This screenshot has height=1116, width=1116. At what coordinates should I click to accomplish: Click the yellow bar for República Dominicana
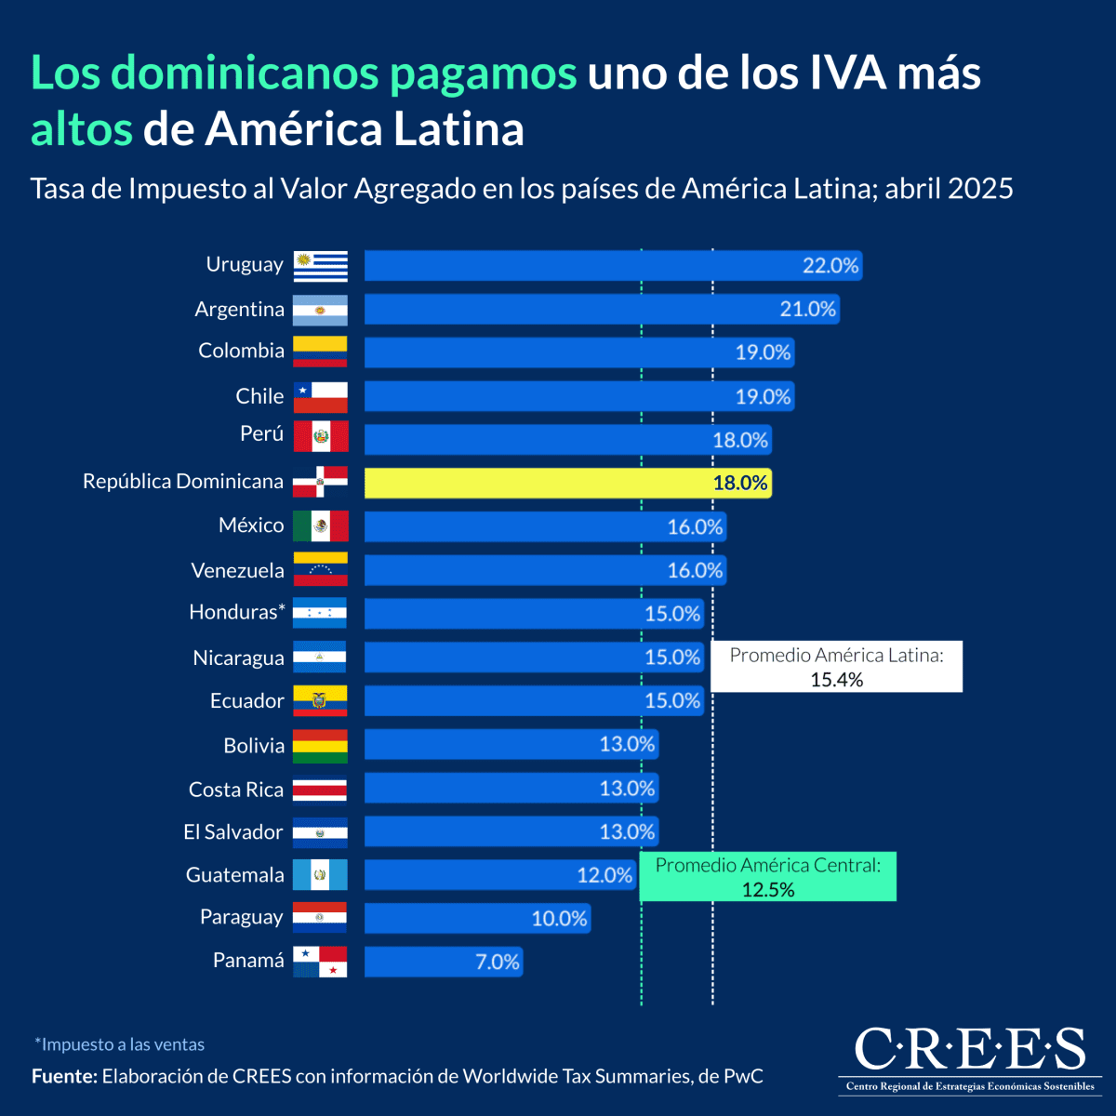click(x=567, y=483)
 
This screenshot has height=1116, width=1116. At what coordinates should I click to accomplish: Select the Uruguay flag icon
click(x=321, y=266)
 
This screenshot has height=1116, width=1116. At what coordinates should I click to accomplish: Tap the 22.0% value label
click(x=830, y=266)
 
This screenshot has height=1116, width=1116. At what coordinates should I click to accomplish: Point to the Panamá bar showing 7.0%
click(x=443, y=962)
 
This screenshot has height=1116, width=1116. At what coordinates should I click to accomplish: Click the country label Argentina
click(x=240, y=309)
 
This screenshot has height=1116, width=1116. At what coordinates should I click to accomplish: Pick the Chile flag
click(x=321, y=397)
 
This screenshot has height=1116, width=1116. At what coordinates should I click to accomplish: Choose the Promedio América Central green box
click(x=768, y=877)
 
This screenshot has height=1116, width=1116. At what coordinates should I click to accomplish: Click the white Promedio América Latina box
click(x=836, y=667)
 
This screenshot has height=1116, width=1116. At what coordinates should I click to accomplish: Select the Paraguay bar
click(x=476, y=919)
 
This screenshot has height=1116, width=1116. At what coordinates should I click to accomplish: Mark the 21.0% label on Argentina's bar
click(x=808, y=309)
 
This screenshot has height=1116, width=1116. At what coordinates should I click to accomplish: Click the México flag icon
click(x=321, y=526)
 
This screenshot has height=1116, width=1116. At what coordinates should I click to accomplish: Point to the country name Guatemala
click(x=235, y=875)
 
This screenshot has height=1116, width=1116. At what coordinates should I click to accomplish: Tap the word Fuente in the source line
click(x=64, y=1076)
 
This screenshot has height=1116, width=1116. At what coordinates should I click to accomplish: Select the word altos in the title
click(x=82, y=128)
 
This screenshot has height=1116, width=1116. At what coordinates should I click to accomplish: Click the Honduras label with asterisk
click(x=237, y=612)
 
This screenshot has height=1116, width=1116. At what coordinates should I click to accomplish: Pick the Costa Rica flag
click(x=320, y=790)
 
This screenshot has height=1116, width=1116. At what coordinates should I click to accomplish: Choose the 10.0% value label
click(x=559, y=919)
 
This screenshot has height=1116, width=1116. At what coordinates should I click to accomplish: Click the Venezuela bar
click(x=544, y=570)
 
